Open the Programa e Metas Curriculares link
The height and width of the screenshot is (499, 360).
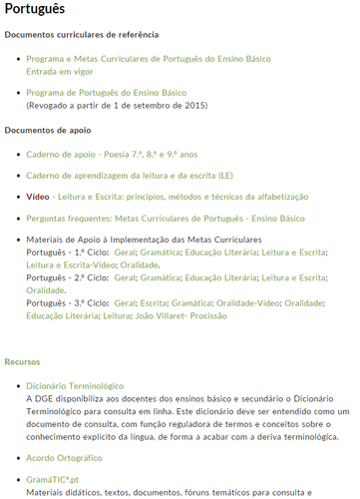pos(131,60)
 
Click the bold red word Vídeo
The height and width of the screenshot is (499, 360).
pos(38,197)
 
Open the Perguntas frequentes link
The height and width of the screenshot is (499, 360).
pos(166,218)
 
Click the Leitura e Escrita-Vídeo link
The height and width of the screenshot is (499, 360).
pos(71,265)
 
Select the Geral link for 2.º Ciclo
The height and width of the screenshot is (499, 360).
pos(126,277)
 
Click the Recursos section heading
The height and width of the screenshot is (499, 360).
pos(22,361)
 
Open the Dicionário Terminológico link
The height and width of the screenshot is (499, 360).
pos(75,384)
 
